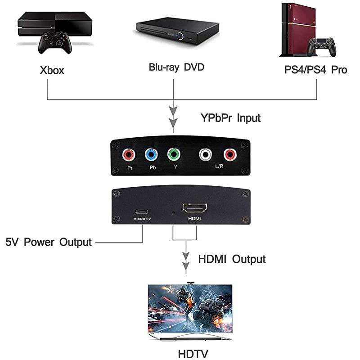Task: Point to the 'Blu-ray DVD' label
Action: (177, 67)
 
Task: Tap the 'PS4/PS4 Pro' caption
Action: (313, 70)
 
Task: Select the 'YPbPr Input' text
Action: (230, 118)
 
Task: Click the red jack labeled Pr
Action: (129, 155)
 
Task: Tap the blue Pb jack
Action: (151, 155)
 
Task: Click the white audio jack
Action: (205, 155)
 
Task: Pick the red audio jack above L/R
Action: (230, 155)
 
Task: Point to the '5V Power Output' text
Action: (49, 242)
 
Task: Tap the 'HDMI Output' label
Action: (232, 259)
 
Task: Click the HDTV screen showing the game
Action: (190, 310)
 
